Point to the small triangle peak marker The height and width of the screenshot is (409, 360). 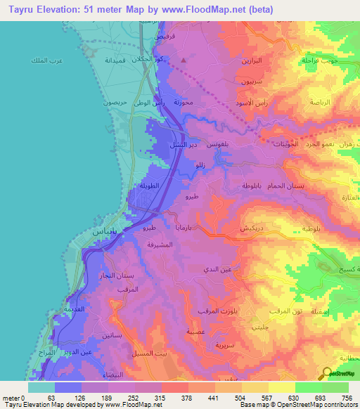[184, 60]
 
